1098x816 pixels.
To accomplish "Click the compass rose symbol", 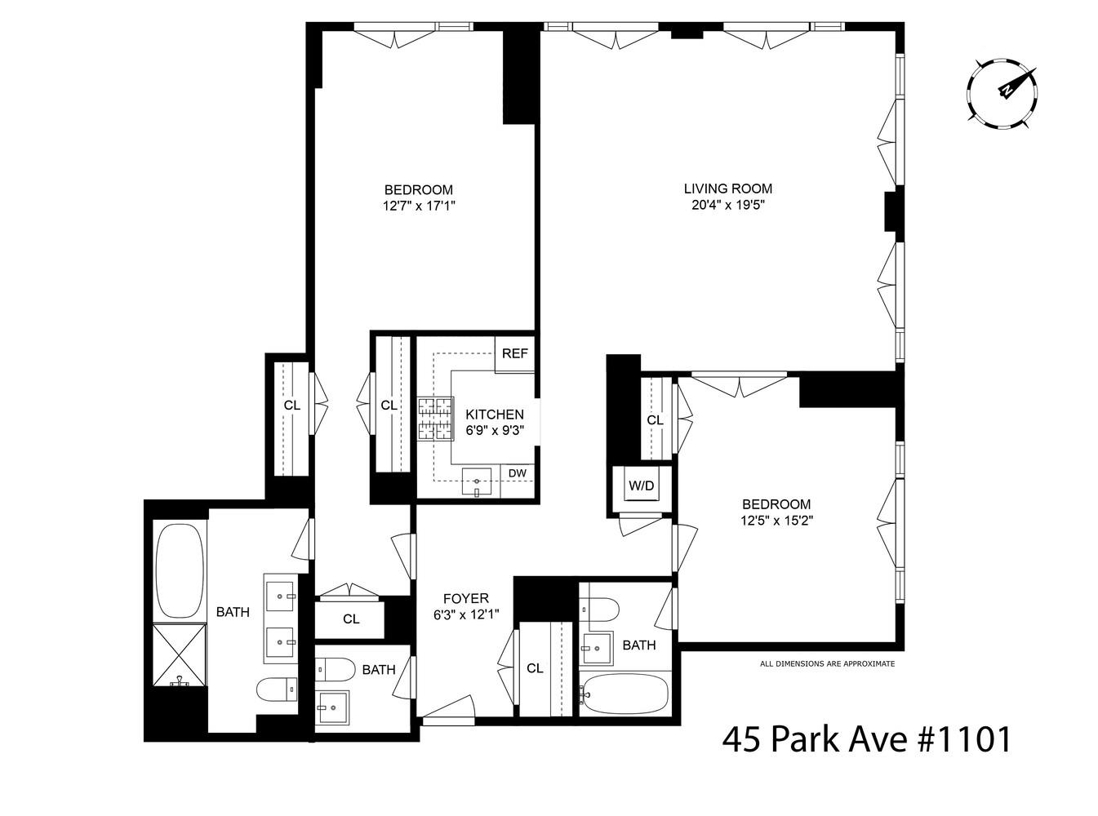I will pos(1002,93).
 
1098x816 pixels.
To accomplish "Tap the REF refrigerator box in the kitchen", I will pos(514,355).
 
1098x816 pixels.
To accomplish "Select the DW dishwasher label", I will pos(517,472).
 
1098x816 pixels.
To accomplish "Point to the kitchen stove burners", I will pos(435,418).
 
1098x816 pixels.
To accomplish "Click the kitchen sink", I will pos(477,482).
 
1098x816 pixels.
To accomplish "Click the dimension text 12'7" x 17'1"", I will pos(418,206).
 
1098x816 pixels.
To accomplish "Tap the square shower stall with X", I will pos(180,655).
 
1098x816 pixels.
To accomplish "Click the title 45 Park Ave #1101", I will pos(867,739).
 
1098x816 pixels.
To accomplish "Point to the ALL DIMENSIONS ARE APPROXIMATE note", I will pos(827,663).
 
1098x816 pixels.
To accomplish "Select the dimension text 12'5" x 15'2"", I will pos(776,520).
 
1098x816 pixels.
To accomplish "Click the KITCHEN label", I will pos(495,415).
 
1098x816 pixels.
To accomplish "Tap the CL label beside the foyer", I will pos(535,668).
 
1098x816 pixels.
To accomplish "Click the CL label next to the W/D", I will pos(655,420).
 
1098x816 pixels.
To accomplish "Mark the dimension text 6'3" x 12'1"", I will pos(466,614).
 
